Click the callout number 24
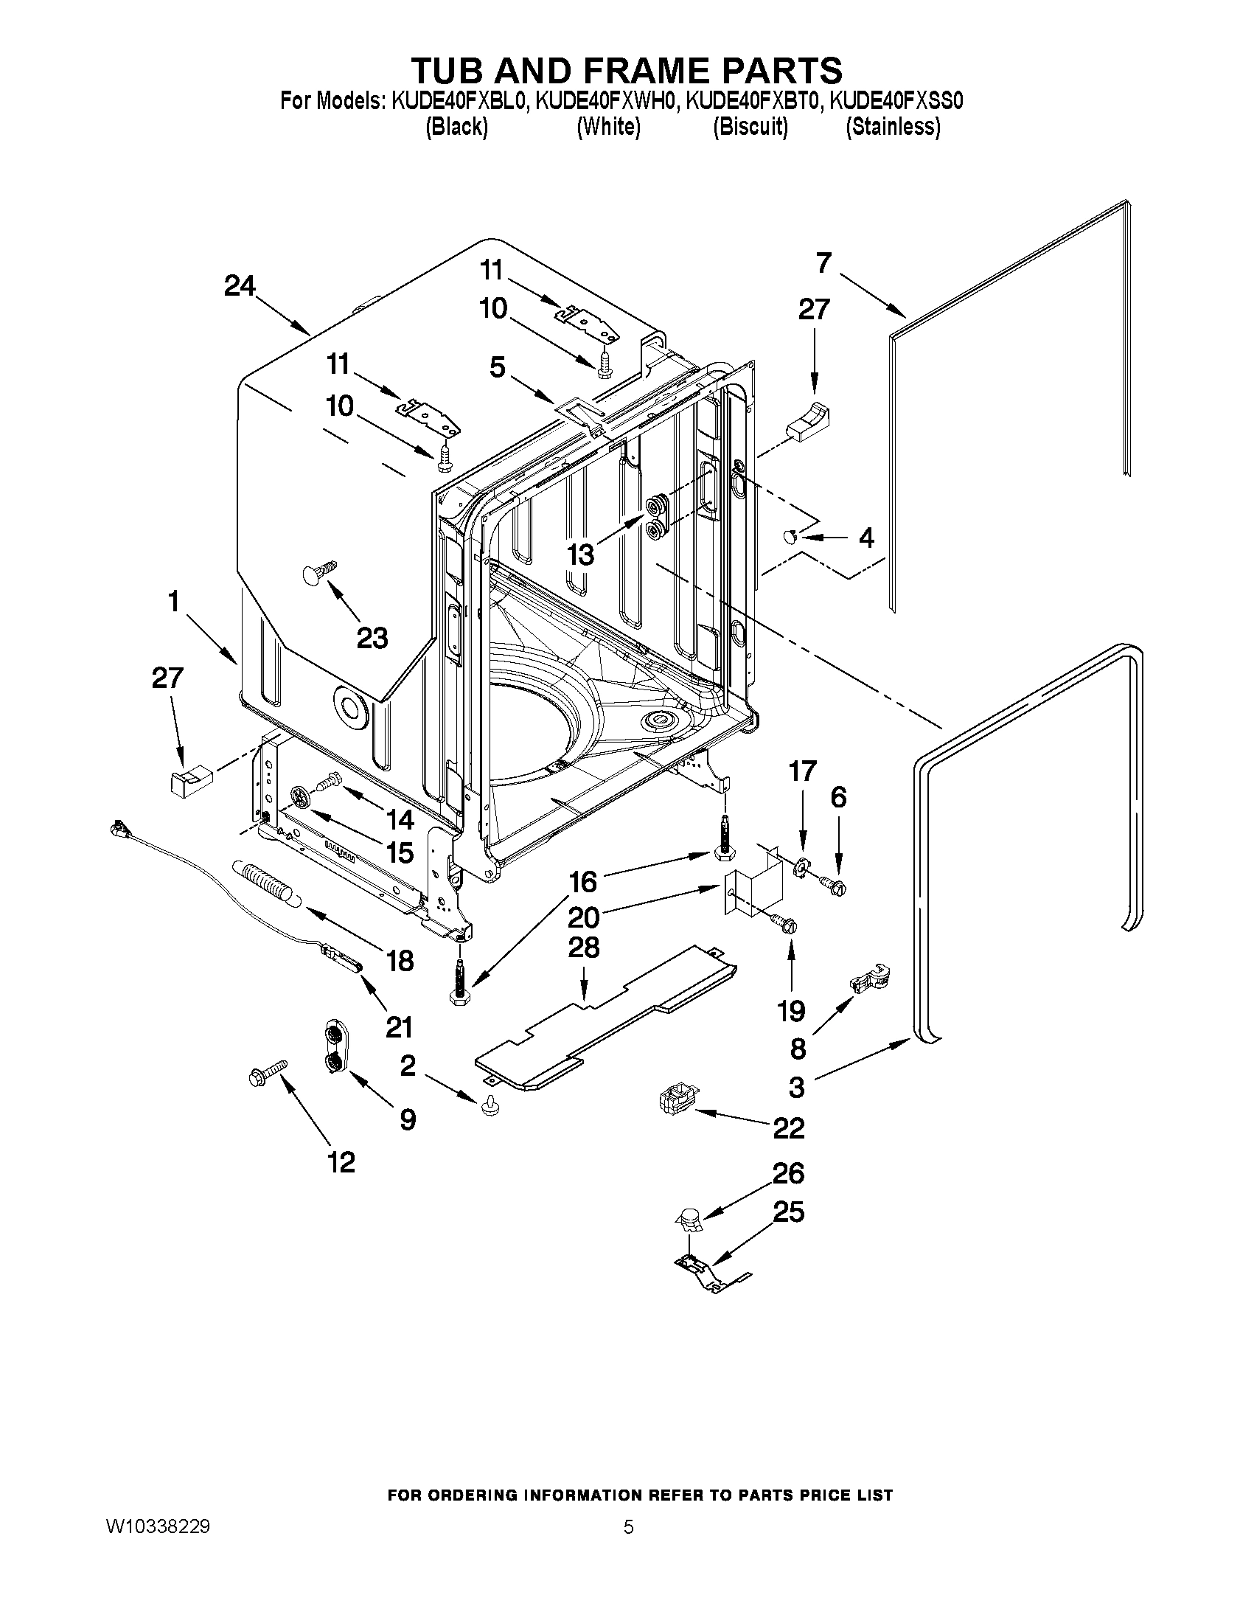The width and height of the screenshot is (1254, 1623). click(240, 286)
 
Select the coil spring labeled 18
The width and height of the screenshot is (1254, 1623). click(265, 883)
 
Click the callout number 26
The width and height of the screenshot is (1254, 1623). click(788, 1172)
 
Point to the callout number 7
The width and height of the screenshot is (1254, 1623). click(823, 263)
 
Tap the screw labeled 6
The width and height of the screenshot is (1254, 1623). click(831, 883)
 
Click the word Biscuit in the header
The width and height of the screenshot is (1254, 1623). click(750, 127)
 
